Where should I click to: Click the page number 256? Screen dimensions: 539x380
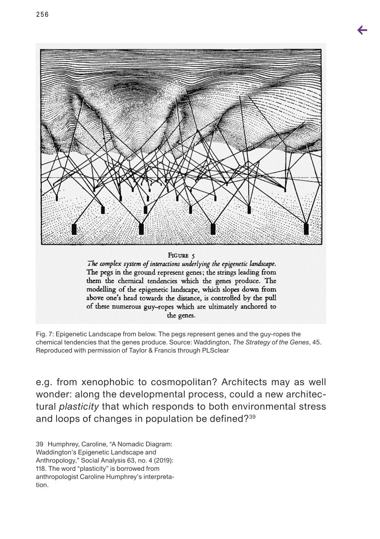42,15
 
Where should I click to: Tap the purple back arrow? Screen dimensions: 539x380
362,30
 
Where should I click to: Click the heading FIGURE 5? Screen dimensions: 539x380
181,255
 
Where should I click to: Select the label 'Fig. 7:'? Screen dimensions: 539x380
45,334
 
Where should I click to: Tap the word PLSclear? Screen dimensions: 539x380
213,350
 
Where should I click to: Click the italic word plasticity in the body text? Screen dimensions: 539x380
79,406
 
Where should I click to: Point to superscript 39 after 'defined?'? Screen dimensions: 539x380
252,417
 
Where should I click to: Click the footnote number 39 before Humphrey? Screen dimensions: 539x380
40,444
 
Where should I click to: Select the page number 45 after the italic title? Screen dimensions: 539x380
316,342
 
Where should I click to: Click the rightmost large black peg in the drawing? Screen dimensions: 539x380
306,229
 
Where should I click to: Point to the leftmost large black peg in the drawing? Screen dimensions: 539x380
74,229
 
